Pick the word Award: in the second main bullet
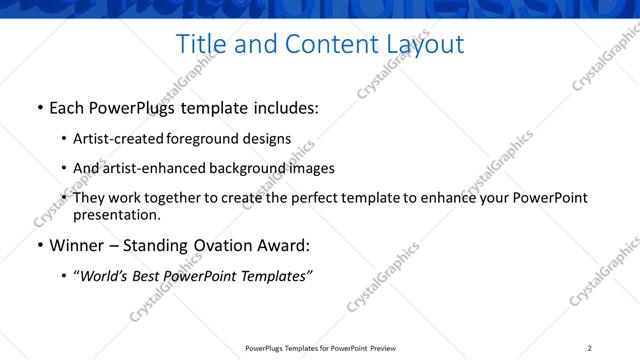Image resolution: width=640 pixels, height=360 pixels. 285,245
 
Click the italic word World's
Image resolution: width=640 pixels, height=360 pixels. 104,276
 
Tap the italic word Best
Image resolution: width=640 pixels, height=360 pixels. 148,276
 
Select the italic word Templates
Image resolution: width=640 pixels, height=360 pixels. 274,276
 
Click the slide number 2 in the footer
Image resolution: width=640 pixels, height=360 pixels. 589,348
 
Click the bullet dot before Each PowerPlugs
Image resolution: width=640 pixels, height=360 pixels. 39,108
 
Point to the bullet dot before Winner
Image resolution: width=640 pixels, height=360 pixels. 39,246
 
